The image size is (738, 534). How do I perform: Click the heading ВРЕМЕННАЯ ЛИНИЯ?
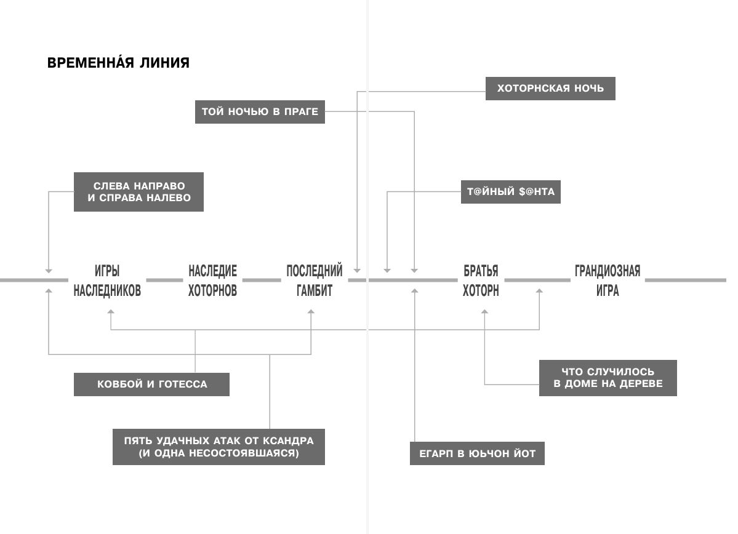118,63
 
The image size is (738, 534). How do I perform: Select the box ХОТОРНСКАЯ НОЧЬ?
550,89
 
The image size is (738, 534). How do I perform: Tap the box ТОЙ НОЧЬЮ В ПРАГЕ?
260,112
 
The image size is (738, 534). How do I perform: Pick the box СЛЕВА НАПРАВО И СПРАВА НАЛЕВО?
139,192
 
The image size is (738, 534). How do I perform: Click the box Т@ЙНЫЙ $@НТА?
511,192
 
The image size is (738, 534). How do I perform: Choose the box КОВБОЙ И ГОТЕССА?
151,385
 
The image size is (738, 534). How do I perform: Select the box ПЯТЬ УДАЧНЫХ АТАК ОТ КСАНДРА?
219,447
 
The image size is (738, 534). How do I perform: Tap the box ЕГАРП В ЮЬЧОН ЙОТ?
477,453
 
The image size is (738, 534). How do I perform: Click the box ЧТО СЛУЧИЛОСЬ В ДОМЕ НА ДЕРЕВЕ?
608,378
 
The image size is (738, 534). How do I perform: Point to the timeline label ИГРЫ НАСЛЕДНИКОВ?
107,281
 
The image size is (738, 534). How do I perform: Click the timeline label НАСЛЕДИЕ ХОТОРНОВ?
213,281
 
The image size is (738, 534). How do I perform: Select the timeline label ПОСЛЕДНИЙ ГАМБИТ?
315,281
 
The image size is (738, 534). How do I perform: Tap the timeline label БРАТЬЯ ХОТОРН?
481,281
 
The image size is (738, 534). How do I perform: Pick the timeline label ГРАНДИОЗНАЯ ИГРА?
608,281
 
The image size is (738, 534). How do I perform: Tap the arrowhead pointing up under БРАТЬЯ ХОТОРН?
485,311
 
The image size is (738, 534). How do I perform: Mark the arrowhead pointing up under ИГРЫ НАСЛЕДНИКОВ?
111,311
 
